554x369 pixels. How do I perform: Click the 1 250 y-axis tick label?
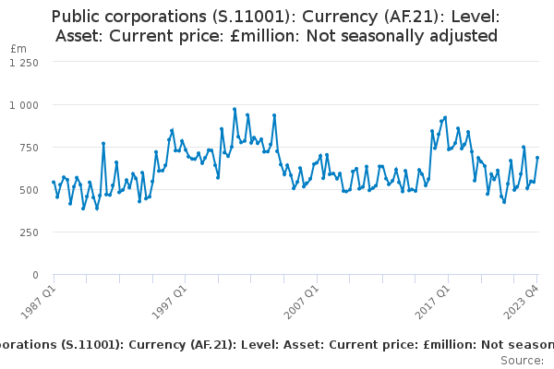[24, 63]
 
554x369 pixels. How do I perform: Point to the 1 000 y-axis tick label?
[24, 105]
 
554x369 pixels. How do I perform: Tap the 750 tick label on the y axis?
[28, 148]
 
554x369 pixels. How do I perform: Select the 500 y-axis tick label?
[28, 190]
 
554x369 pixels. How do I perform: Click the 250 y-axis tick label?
[28, 232]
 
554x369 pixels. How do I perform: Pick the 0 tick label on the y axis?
[35, 275]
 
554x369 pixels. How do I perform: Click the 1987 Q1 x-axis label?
[39, 302]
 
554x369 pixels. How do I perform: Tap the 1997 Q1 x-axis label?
[169, 302]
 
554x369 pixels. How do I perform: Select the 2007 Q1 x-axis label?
[301, 302]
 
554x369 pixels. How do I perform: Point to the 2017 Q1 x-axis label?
[432, 302]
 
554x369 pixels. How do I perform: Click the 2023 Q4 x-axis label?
[521, 302]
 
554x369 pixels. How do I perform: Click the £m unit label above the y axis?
[18, 49]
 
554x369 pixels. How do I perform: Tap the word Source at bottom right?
[523, 361]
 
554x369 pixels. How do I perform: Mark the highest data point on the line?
[235, 109]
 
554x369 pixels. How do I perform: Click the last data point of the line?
[537, 158]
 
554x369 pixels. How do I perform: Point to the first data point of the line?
[54, 183]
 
